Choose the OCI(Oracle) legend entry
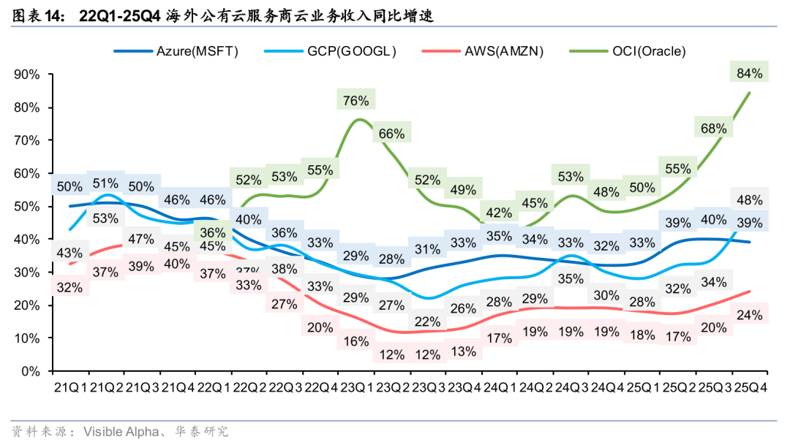point(647,50)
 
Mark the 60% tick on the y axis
point(28,173)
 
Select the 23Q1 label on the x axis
point(355,386)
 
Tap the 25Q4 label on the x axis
point(750,386)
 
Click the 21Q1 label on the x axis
point(69,386)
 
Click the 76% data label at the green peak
point(355,100)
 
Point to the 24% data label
point(750,316)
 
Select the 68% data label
point(713,129)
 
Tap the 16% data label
point(355,341)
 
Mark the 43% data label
point(69,253)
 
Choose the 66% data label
point(392,133)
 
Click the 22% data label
point(427,321)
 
